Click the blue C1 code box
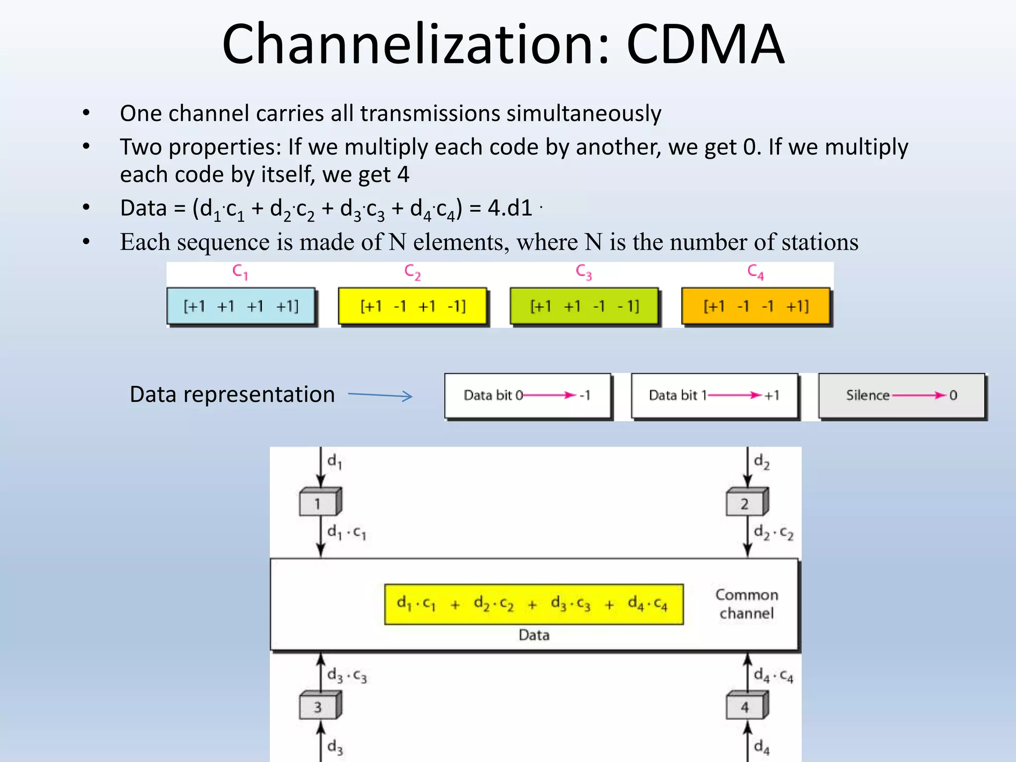(241, 306)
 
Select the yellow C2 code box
(413, 306)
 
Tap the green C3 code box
(584, 306)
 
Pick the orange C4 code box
(756, 306)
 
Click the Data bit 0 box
(527, 395)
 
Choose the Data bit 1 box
(714, 395)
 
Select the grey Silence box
(901, 395)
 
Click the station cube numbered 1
(319, 503)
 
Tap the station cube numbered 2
(746, 503)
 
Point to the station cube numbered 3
(319, 706)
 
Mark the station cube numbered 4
(746, 706)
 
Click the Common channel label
(747, 604)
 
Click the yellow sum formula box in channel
(534, 604)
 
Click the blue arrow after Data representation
(381, 395)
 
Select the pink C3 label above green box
(584, 272)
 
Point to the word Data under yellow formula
(534, 635)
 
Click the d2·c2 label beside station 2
(773, 533)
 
